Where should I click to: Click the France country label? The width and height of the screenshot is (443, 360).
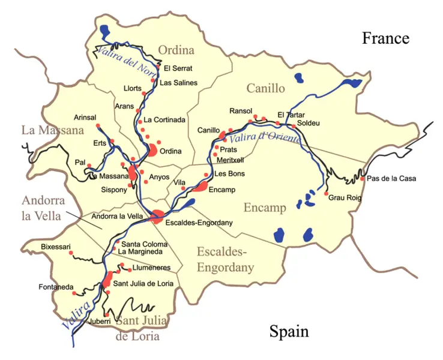(385, 38)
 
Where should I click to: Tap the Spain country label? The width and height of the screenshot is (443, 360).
(288, 331)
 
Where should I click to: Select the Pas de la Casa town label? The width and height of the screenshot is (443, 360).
(391, 178)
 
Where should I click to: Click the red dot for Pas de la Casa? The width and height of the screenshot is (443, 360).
(362, 178)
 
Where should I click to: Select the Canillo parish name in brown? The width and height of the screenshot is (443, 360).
(265, 89)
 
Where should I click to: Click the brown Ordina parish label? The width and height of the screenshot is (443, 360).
(176, 50)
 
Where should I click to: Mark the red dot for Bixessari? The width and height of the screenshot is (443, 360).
(71, 253)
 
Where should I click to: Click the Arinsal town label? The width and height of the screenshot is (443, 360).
(84, 117)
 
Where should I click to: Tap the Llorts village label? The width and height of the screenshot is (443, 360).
(132, 88)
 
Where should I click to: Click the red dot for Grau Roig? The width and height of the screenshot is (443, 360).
(326, 193)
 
